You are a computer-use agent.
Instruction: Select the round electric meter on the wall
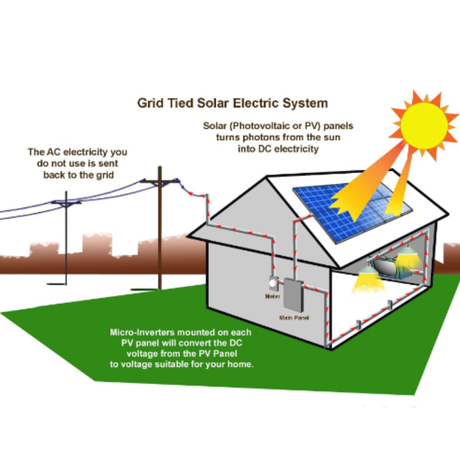click(273, 284)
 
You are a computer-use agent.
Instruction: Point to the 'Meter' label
click(272, 297)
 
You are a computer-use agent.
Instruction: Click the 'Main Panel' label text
click(292, 317)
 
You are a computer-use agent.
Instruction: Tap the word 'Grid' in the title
click(151, 103)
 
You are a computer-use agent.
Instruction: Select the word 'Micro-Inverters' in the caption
click(143, 332)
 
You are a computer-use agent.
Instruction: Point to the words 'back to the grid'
click(76, 175)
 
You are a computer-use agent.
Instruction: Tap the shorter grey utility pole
click(67, 241)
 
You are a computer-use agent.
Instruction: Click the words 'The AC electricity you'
click(78, 152)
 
